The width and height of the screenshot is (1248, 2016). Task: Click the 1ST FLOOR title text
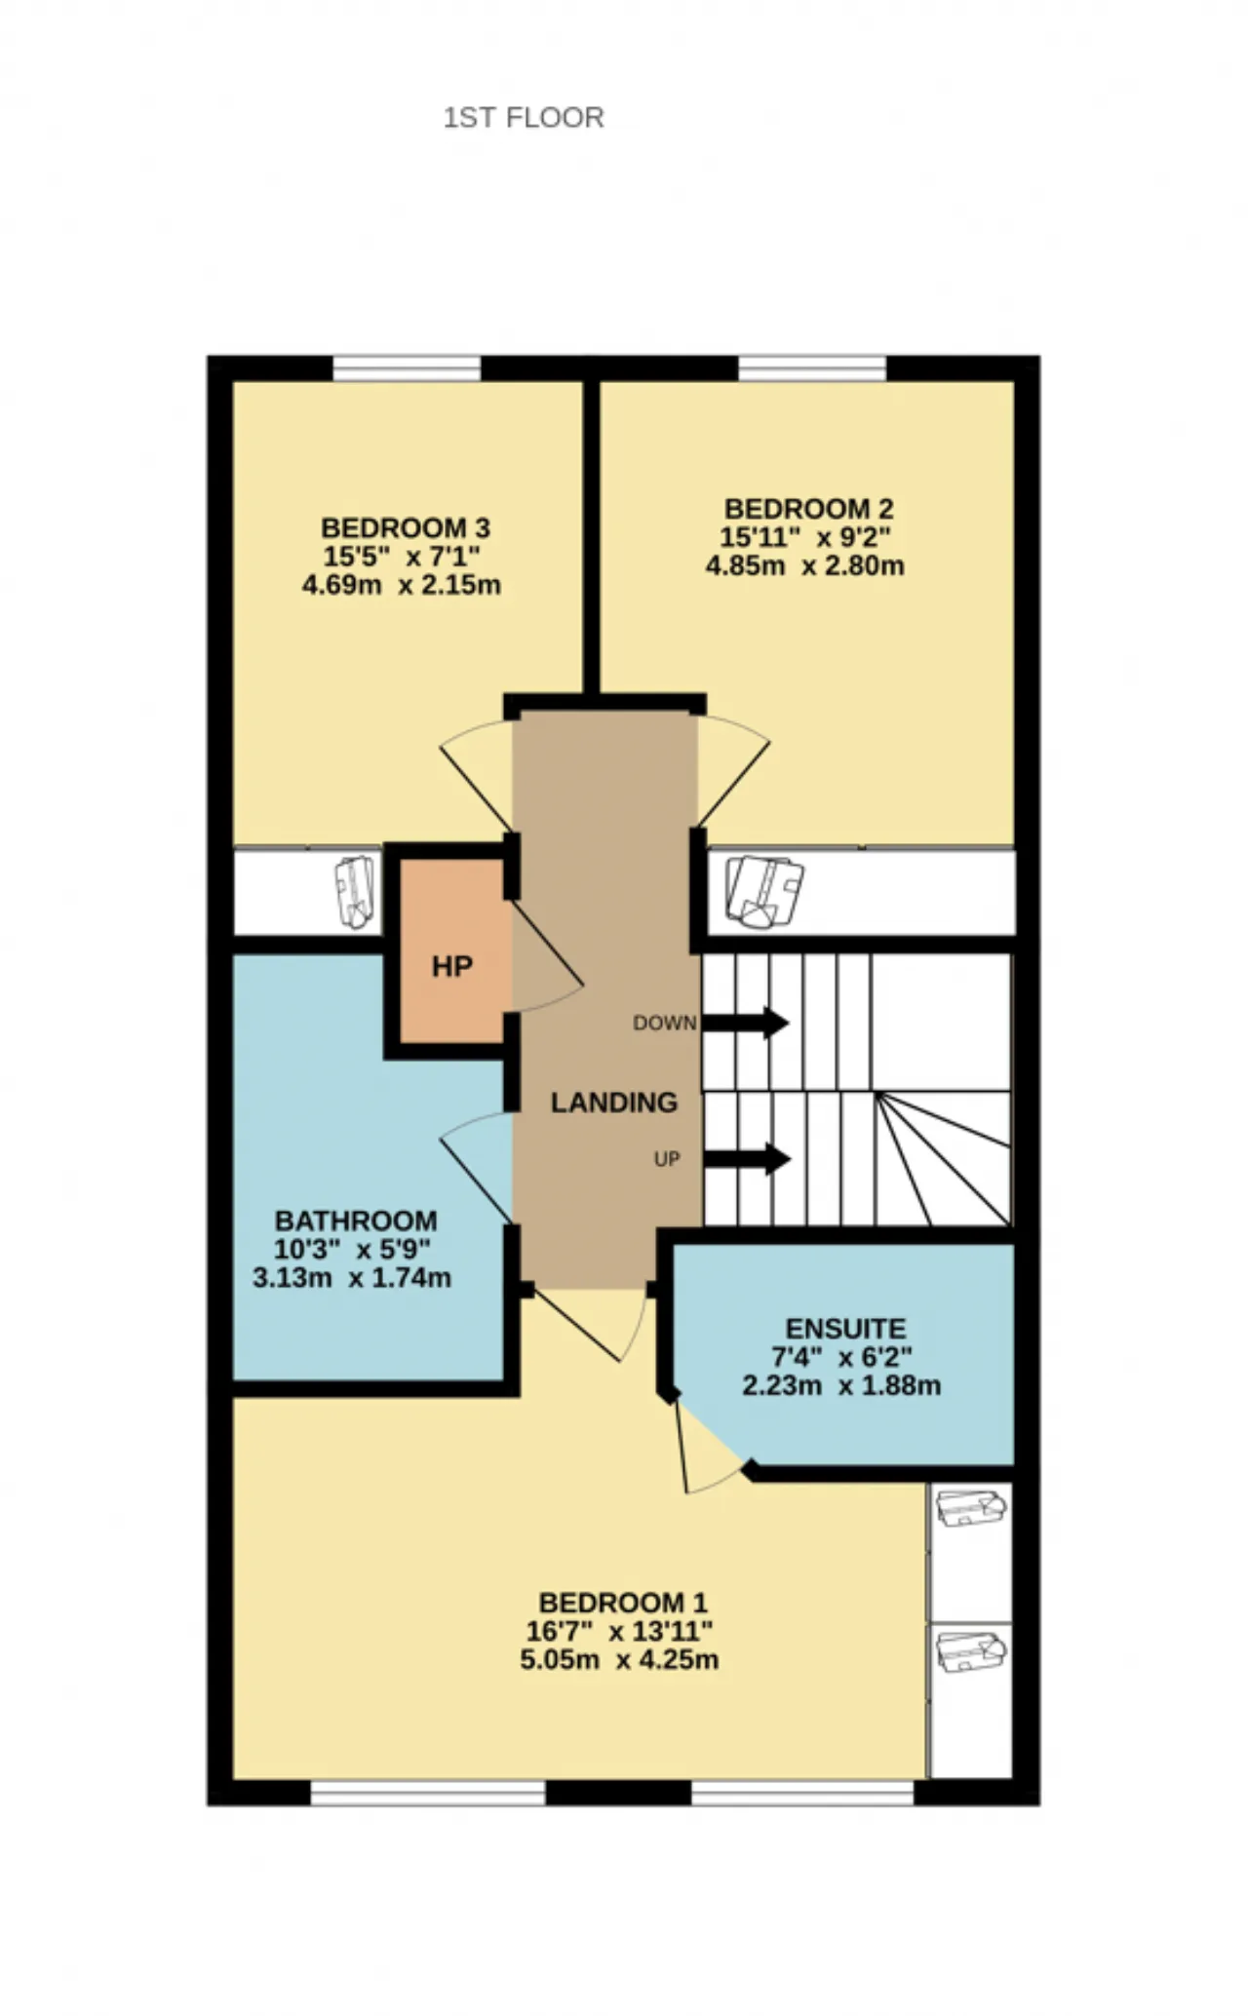(524, 118)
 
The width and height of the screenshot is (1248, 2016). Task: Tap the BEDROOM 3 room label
(406, 528)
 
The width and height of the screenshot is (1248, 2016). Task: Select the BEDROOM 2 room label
(808, 509)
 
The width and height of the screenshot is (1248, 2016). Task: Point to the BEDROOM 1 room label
(623, 1603)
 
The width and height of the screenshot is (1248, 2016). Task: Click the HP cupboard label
(452, 967)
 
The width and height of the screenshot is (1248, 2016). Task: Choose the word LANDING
(614, 1103)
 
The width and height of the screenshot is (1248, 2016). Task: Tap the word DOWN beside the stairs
(665, 1023)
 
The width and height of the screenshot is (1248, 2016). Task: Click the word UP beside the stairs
(667, 1159)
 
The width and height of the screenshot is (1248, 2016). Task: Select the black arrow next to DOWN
(746, 1023)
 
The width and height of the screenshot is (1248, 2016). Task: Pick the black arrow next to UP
(747, 1159)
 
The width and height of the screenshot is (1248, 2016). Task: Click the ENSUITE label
(846, 1329)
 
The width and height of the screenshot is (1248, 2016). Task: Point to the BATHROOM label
(356, 1221)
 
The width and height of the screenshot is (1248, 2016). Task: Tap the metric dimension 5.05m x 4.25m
(620, 1659)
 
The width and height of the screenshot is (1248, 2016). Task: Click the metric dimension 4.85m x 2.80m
(805, 565)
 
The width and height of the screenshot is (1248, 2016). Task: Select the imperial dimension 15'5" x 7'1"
(402, 557)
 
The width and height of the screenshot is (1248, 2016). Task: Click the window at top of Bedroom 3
(407, 368)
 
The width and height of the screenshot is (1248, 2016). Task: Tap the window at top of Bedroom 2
(812, 368)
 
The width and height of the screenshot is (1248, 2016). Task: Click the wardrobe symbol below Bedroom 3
(354, 891)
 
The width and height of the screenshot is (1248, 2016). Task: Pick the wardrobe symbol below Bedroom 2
(765, 891)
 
